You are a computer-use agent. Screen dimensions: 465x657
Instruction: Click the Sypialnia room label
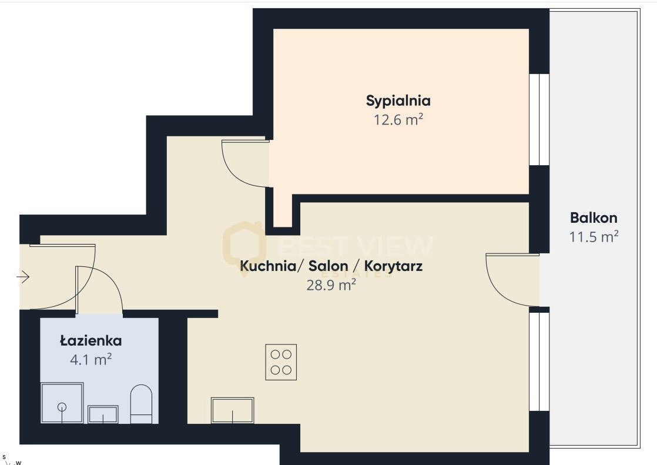click(398, 101)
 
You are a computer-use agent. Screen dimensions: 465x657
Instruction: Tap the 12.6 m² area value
click(398, 120)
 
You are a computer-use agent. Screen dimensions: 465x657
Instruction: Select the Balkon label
click(594, 218)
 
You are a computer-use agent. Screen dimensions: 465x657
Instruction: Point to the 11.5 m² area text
click(594, 237)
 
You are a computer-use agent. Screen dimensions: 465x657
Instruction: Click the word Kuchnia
click(267, 266)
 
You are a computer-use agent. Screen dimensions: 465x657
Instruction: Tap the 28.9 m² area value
click(331, 286)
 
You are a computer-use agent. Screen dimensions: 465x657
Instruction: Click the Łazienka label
click(90, 340)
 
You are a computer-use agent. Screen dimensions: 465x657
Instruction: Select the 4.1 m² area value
click(90, 359)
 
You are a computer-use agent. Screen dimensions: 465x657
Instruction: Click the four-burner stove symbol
click(280, 362)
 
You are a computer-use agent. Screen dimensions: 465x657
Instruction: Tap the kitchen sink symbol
click(233, 410)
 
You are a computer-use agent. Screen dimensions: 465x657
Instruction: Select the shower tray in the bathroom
click(62, 403)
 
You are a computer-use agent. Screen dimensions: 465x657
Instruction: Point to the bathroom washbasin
click(103, 414)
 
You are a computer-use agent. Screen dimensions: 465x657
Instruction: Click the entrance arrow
click(24, 276)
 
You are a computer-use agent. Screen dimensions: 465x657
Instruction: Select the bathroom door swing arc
click(106, 282)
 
